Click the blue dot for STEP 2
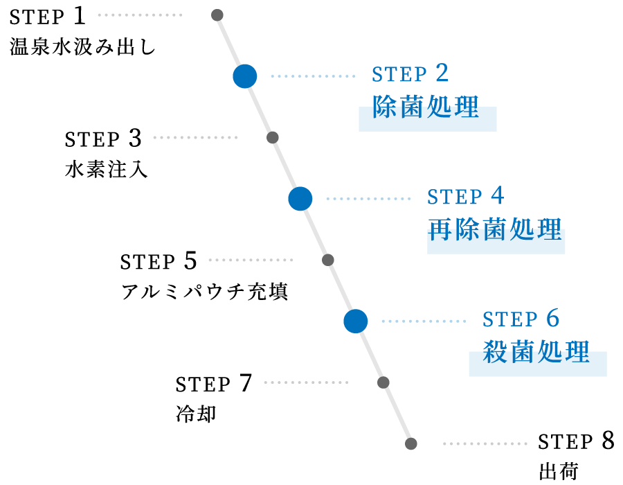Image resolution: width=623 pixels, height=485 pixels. [x=244, y=76]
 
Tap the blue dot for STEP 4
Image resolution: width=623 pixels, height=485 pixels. [x=300, y=199]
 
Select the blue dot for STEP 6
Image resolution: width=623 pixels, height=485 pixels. [x=355, y=321]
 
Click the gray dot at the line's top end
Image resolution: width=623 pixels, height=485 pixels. [x=217, y=15]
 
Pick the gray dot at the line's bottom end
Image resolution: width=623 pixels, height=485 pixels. [x=411, y=443]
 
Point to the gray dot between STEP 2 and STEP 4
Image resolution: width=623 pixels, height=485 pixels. [x=273, y=137]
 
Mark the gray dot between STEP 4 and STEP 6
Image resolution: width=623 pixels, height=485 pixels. [x=328, y=260]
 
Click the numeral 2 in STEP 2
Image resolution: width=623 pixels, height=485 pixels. [x=442, y=73]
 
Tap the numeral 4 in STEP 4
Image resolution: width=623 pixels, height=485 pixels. [x=498, y=195]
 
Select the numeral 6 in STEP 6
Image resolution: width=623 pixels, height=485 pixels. [x=552, y=318]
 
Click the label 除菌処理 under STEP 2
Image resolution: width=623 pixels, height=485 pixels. [x=426, y=107]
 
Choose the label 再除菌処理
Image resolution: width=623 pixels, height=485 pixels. [x=495, y=229]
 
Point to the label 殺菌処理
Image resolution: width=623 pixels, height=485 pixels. [x=536, y=352]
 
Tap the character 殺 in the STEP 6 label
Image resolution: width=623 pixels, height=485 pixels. [x=495, y=352]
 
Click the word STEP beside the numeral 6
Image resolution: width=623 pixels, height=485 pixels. [x=510, y=319]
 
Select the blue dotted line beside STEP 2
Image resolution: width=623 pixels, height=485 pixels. [x=313, y=76]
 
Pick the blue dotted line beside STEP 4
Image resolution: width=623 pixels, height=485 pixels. [x=368, y=199]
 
